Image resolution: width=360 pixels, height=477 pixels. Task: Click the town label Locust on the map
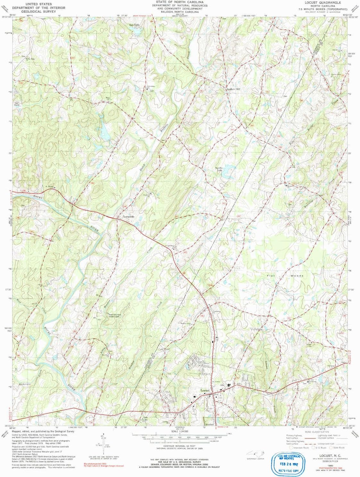point(205,390)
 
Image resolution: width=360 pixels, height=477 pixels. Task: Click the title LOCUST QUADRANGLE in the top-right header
point(323,3)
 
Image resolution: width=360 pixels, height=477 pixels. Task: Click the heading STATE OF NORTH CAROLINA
point(180,2)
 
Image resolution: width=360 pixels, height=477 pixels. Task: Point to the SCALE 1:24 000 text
point(180,432)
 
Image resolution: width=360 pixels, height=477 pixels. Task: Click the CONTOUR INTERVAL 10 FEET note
point(180,446)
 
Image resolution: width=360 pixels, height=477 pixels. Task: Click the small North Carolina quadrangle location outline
point(255,453)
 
